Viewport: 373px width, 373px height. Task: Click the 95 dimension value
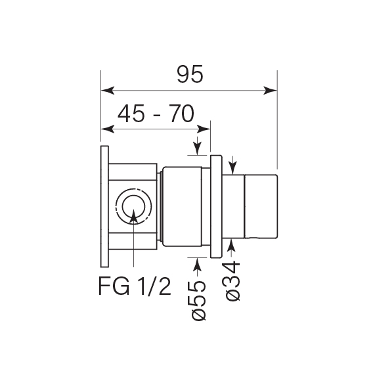(190, 76)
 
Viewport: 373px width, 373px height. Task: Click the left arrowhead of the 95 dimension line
(106, 91)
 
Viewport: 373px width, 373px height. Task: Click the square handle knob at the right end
(261, 206)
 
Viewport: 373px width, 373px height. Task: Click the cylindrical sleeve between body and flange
(185, 206)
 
